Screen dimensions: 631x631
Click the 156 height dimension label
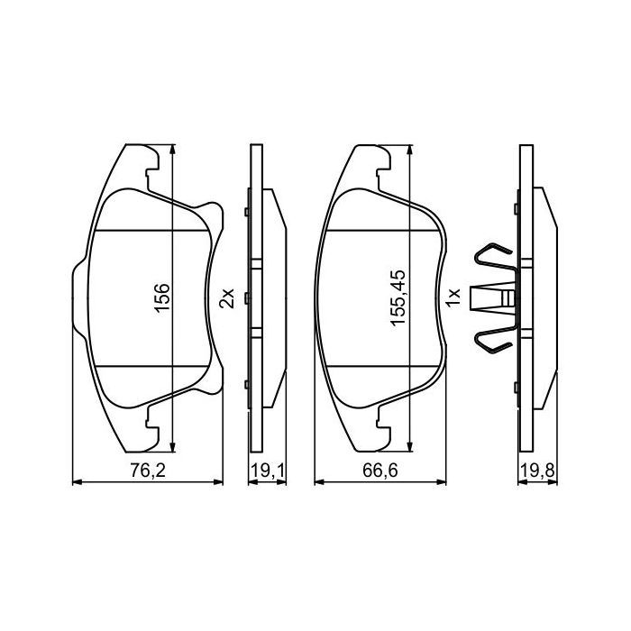tap(162, 297)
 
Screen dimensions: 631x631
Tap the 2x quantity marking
tap(227, 297)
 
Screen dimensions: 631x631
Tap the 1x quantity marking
tap(455, 295)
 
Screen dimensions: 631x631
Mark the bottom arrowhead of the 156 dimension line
tap(171, 448)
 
